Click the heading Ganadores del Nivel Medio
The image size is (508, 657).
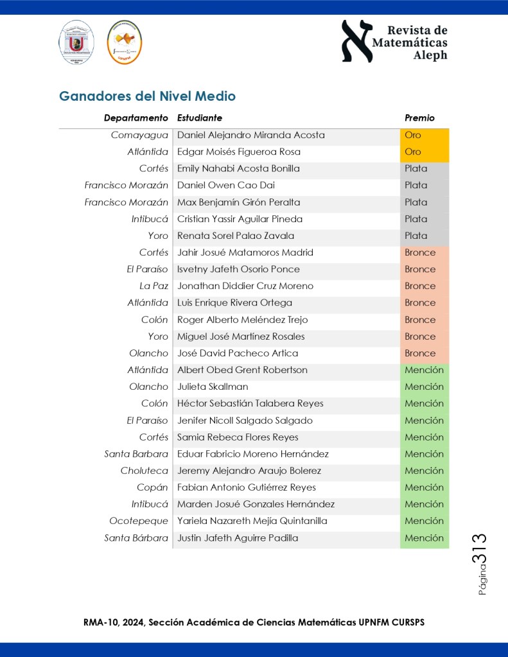tap(147, 96)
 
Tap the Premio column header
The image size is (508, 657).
tap(419, 118)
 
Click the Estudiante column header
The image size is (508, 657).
tap(200, 118)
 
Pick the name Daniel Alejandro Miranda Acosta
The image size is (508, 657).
tap(251, 136)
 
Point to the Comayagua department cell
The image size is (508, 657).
tap(139, 136)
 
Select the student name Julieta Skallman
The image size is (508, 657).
tap(213, 387)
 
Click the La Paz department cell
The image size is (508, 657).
tap(154, 286)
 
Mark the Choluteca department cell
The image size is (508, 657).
tap(145, 471)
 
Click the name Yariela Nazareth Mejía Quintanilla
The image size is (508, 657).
tap(252, 521)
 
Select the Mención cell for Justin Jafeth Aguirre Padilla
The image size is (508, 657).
tap(424, 538)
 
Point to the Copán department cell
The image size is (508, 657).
tap(152, 487)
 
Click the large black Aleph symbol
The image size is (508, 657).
tap(357, 40)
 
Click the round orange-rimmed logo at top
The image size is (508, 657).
tap(125, 42)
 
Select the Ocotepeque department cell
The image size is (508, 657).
tap(139, 521)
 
